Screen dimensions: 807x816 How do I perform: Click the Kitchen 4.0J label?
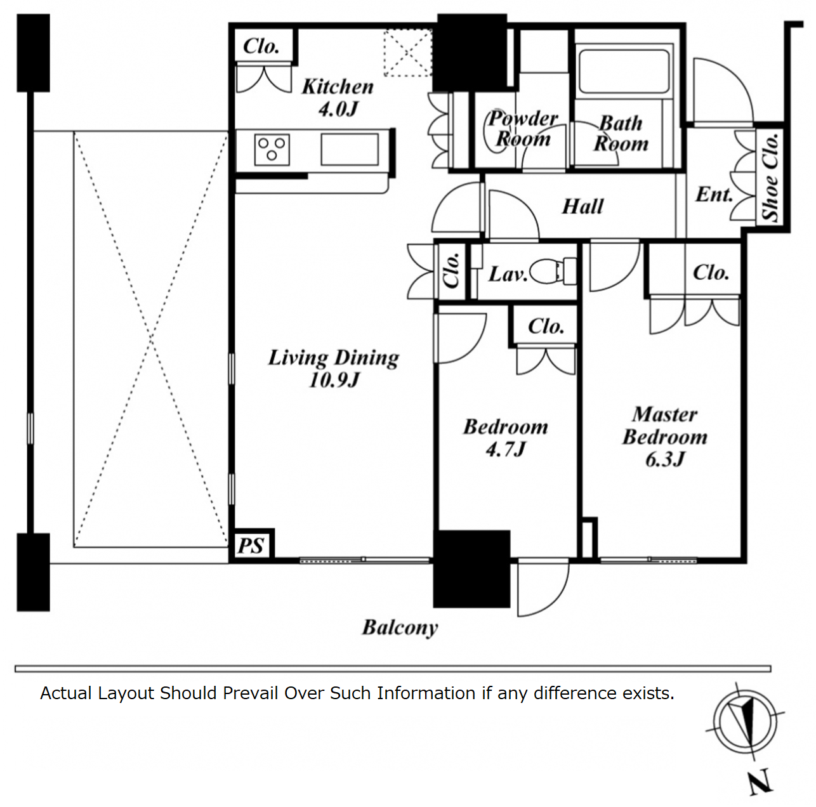tap(337, 97)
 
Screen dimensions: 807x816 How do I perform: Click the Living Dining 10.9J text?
tap(334, 368)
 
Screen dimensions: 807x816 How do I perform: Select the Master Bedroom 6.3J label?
tap(664, 436)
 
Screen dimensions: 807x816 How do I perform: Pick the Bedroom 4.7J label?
tap(505, 438)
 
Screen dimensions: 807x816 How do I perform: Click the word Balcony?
tap(400, 627)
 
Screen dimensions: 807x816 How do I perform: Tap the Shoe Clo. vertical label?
tap(770, 177)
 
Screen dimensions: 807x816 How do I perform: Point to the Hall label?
tap(582, 206)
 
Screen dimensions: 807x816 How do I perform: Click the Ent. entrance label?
tap(714, 194)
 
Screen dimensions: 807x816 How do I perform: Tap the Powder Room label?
tap(522, 128)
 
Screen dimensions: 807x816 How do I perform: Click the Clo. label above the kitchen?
tap(261, 46)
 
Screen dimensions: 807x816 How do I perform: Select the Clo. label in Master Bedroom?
tap(711, 273)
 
